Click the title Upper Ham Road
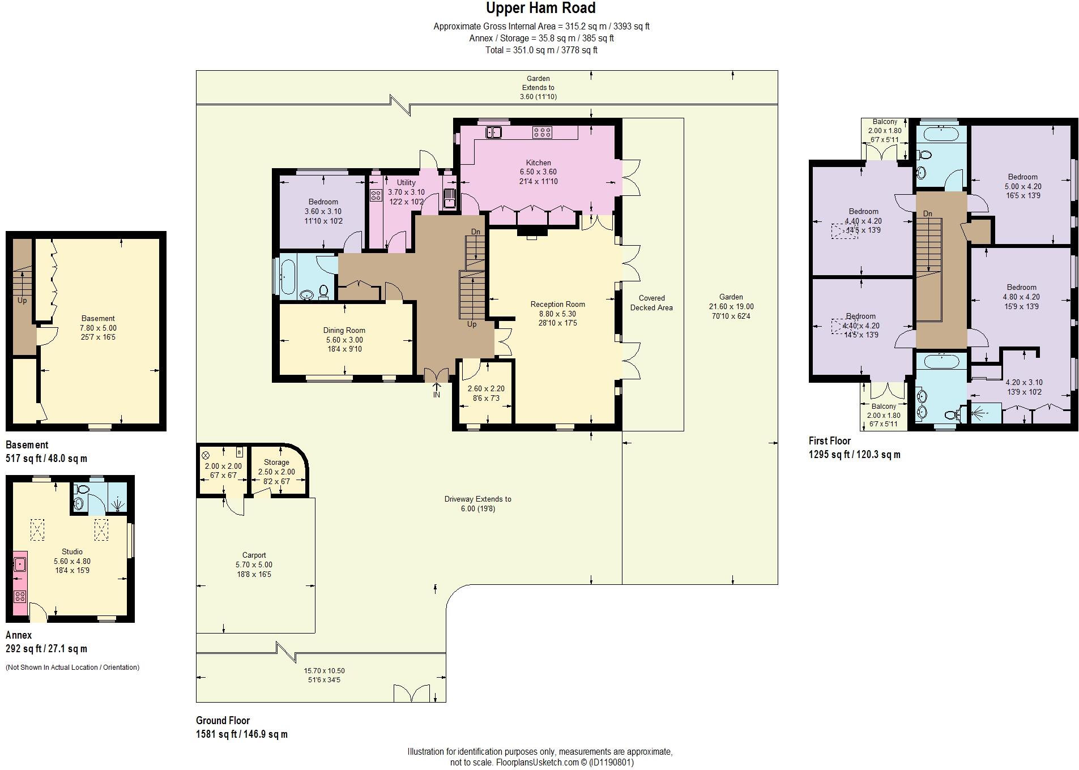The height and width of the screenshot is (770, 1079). [540, 8]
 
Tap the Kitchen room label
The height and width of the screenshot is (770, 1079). [538, 162]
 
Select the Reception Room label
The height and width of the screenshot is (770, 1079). [557, 304]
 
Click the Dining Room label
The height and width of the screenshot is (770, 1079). [344, 330]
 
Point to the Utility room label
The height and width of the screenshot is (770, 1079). [406, 182]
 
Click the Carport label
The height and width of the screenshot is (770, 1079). [254, 555]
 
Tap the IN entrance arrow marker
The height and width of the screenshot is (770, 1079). [437, 391]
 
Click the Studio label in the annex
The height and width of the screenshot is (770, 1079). [72, 551]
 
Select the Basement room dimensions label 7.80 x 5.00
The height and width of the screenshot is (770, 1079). [98, 328]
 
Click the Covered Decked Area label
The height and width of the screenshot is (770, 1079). [651, 303]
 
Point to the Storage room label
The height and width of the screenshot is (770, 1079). [276, 462]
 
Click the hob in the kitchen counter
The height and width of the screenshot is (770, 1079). [542, 132]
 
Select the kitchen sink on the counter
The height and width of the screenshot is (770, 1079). [494, 132]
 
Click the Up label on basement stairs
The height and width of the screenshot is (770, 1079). [22, 300]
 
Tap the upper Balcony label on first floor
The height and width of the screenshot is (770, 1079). [885, 122]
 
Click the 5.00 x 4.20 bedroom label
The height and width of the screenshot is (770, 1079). [1023, 186]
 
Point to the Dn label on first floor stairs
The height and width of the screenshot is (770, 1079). [928, 213]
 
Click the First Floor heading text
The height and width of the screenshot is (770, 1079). [830, 440]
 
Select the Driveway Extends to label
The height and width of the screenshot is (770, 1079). [477, 499]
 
